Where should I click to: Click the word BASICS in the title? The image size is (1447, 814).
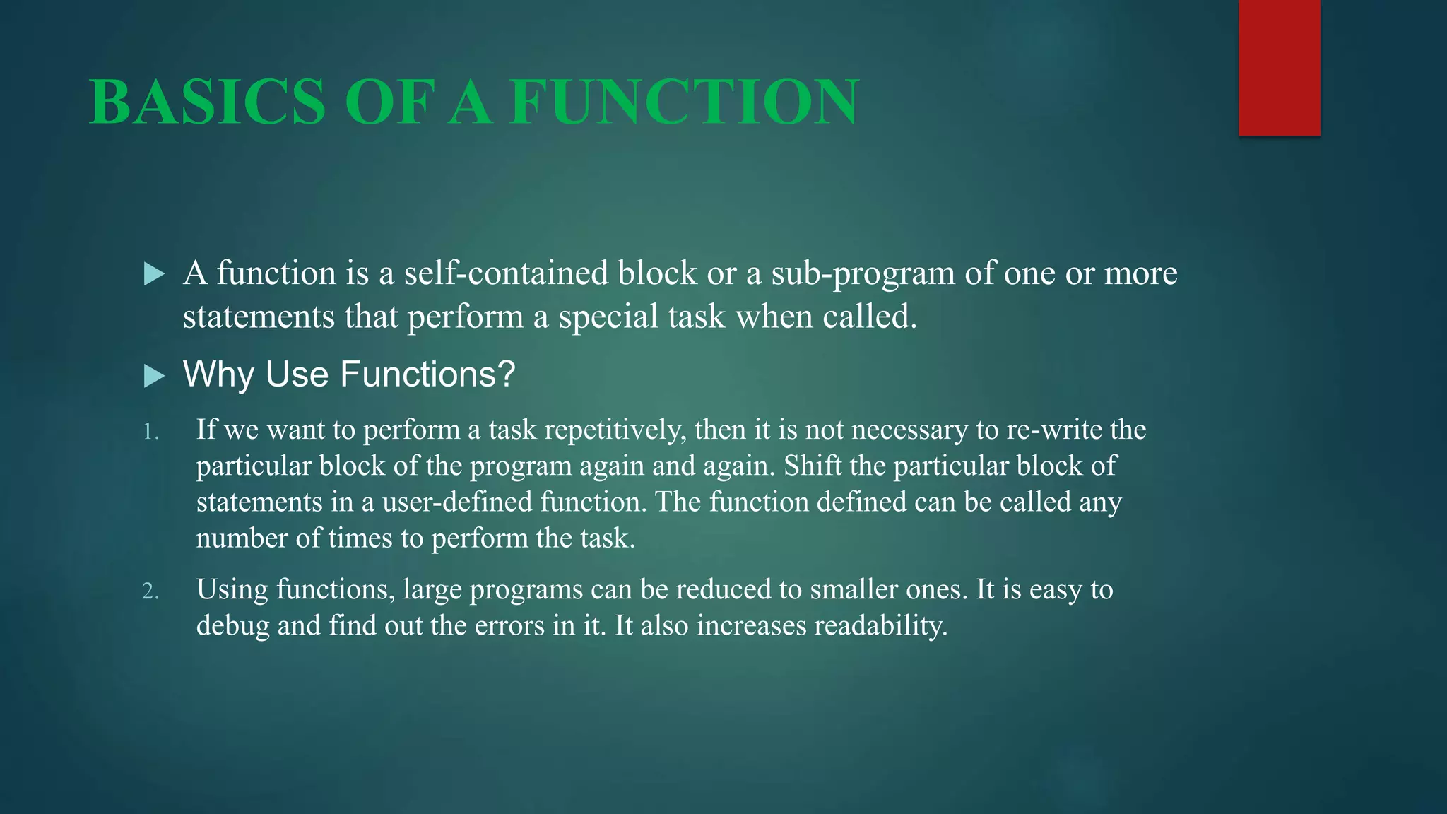tap(207, 102)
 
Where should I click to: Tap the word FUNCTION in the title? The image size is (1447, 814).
tap(684, 102)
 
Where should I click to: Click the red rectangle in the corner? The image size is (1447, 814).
tap(1279, 67)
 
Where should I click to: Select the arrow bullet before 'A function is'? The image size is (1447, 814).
tap(153, 274)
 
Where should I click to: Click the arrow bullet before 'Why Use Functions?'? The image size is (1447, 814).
tap(153, 376)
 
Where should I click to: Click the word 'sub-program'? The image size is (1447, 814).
tap(863, 273)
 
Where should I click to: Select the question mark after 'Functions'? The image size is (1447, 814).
tap(507, 374)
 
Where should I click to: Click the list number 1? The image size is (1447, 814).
tap(150, 432)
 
